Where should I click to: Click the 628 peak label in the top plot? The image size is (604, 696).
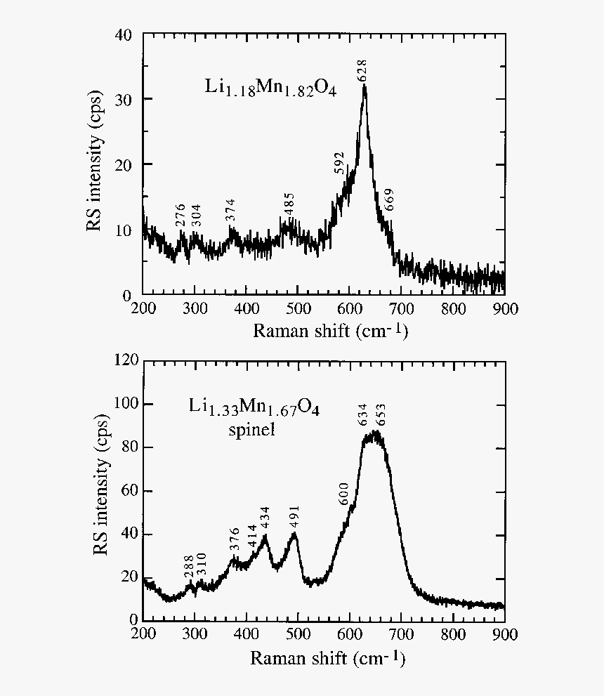click(x=363, y=71)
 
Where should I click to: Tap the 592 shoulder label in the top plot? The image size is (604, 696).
click(x=340, y=162)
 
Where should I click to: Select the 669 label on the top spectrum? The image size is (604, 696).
click(x=390, y=201)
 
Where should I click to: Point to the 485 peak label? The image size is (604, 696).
click(x=289, y=204)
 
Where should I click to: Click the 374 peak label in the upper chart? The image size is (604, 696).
click(x=230, y=211)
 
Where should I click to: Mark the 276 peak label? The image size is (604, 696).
click(x=180, y=215)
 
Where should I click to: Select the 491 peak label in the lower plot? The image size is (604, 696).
click(x=294, y=517)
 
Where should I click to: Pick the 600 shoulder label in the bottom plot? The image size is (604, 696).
click(x=344, y=494)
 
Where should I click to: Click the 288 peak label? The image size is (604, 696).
click(x=188, y=566)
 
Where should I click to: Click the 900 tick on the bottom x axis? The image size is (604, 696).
click(x=504, y=635)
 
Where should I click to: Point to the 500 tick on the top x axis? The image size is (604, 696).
click(x=298, y=309)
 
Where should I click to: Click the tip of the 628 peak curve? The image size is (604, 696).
click(x=364, y=86)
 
